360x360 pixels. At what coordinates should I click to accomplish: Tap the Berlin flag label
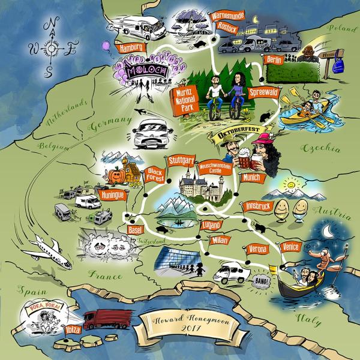[274, 60]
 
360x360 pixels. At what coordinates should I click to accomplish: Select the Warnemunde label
[227, 17]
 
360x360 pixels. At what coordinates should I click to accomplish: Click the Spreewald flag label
[262, 92]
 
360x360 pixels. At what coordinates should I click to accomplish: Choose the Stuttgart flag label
[181, 161]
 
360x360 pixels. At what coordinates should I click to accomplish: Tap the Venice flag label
[291, 247]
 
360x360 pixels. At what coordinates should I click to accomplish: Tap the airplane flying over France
[47, 248]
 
